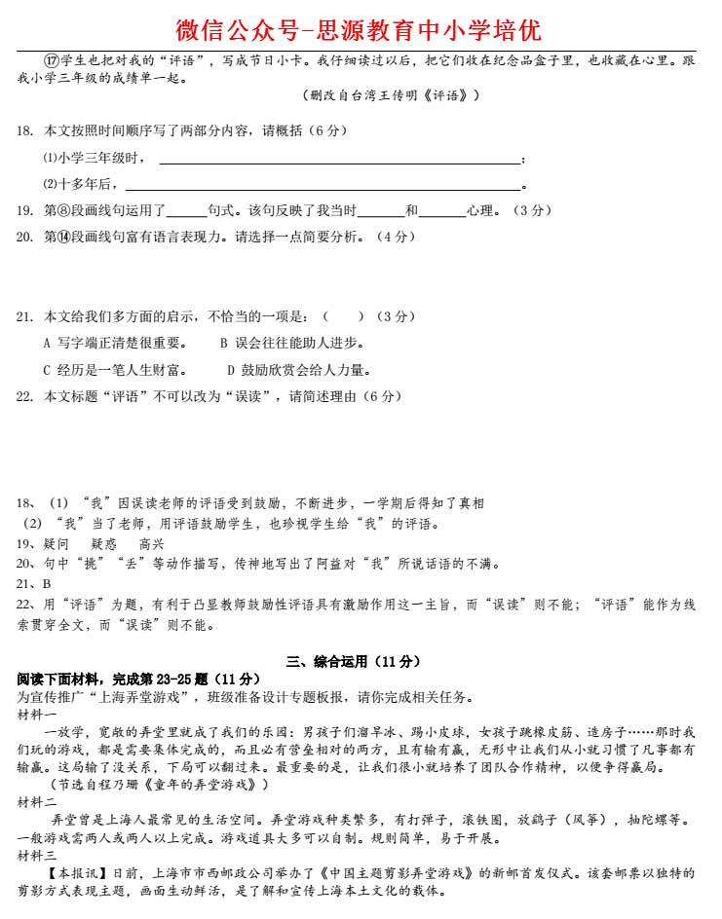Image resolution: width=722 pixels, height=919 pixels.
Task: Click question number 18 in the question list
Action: tap(25, 131)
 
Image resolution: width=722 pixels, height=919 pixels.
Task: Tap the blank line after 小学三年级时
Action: tap(339, 160)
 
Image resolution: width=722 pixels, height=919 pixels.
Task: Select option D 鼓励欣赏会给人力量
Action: tap(299, 370)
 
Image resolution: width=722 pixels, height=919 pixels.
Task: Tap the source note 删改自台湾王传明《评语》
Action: tap(391, 95)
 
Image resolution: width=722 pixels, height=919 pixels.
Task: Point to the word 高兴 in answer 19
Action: tap(152, 544)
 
